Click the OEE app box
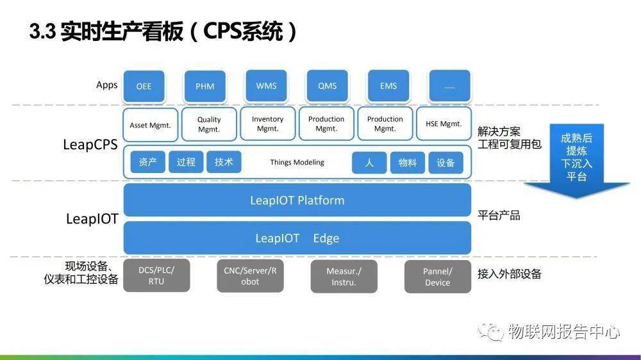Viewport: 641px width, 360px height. pyautogui.click(x=144, y=86)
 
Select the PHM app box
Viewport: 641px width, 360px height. pyautogui.click(x=204, y=86)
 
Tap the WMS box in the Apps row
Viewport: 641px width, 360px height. pyautogui.click(x=266, y=86)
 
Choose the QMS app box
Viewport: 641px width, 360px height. pyautogui.click(x=327, y=86)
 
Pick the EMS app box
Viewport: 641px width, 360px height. pyautogui.click(x=388, y=86)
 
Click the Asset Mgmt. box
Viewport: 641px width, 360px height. pyautogui.click(x=150, y=125)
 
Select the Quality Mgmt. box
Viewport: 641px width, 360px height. pyautogui.click(x=208, y=124)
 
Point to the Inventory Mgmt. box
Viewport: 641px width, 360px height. pyautogui.click(x=267, y=124)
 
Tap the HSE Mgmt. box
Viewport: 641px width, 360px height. pyautogui.click(x=444, y=124)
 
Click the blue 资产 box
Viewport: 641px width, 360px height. pyautogui.click(x=147, y=163)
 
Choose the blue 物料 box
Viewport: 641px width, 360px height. pyautogui.click(x=407, y=163)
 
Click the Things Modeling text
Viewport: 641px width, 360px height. pyautogui.click(x=297, y=163)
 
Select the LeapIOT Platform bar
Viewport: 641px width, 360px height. pyautogui.click(x=297, y=200)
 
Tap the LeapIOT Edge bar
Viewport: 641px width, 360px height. pyautogui.click(x=297, y=238)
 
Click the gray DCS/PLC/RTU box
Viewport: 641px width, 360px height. pyautogui.click(x=156, y=276)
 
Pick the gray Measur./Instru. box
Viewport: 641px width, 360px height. pyautogui.click(x=344, y=277)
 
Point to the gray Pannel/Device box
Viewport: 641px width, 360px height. pyautogui.click(x=437, y=277)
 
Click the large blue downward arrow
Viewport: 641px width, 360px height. pyautogui.click(x=576, y=160)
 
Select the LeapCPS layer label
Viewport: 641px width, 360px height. pyautogui.click(x=90, y=144)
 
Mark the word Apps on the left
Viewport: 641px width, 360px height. pyautogui.click(x=106, y=85)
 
